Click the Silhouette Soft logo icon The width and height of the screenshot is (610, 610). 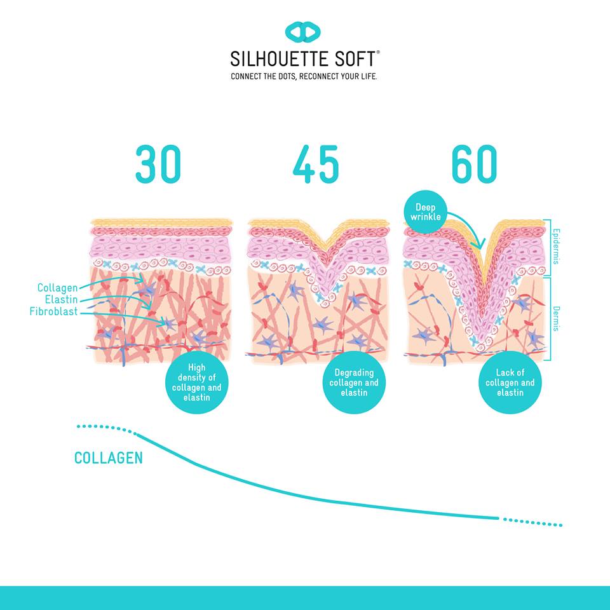pos(302,32)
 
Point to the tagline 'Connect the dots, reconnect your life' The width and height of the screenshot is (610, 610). pos(304,76)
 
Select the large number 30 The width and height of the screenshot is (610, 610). pos(158,164)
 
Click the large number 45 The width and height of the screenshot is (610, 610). pos(316,164)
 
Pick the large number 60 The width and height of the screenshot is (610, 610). pos(474,164)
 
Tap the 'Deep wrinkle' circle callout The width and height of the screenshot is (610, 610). pos(426,212)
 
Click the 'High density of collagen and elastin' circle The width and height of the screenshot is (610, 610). pos(196,383)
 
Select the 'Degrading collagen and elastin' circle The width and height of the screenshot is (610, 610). pos(354,383)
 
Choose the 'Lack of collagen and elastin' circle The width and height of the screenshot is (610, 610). pos(510,383)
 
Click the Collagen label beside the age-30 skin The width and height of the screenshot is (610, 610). pos(58,287)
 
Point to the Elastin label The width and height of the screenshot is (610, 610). pos(61,299)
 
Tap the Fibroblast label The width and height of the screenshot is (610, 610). pos(53,311)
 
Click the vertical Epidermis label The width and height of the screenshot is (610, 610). pos(557,247)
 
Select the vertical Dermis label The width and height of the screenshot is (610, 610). pos(557,318)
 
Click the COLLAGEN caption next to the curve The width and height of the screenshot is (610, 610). pos(109,458)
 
